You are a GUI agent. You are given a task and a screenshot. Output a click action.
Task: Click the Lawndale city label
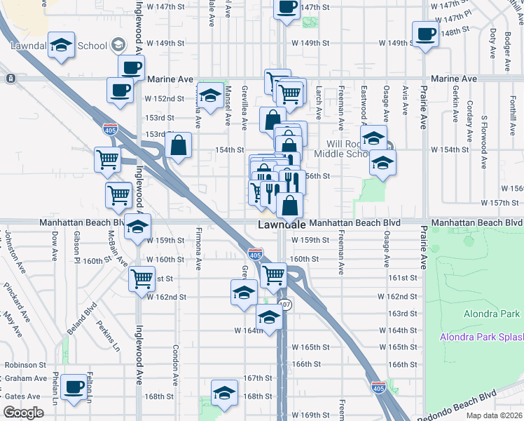(282, 225)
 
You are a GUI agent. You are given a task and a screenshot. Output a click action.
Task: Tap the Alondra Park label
(491, 314)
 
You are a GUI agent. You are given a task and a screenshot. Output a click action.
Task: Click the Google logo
(23, 412)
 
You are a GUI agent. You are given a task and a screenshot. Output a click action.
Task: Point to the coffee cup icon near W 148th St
(426, 34)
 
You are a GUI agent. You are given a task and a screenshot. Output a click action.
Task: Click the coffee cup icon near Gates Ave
(74, 387)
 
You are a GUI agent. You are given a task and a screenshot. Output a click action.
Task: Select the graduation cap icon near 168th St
(224, 393)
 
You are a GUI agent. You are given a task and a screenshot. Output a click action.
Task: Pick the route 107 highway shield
(284, 305)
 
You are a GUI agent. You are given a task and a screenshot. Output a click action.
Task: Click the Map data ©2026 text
(494, 415)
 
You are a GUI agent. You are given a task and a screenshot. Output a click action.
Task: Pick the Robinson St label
(25, 365)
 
